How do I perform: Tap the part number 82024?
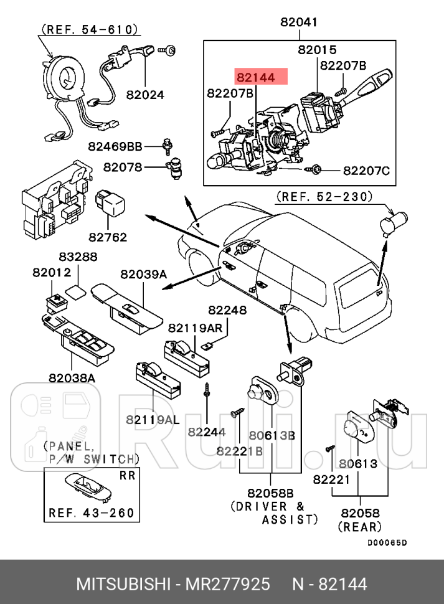[x=145, y=95]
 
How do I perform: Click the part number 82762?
[x=107, y=237]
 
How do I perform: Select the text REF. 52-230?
[x=324, y=197]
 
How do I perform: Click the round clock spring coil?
[x=63, y=77]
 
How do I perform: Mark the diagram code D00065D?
[x=386, y=542]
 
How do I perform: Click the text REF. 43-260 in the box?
[x=91, y=514]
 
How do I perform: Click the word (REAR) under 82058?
[x=359, y=527]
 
